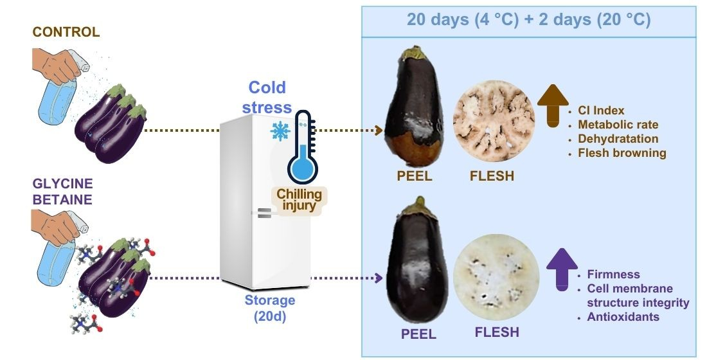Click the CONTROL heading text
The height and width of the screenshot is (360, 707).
(66, 32)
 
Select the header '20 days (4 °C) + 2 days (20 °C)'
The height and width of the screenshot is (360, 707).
(528, 19)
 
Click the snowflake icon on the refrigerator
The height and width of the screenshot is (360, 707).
(280, 131)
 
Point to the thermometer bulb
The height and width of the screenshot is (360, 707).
(301, 170)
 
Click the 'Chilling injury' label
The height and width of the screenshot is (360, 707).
(299, 200)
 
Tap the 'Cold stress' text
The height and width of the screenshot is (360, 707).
(267, 97)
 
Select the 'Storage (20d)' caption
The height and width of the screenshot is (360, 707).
(270, 307)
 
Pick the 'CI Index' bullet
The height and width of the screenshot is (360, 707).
(601, 111)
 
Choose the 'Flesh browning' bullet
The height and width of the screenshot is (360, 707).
(622, 153)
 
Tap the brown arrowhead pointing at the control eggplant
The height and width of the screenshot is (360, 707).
(379, 130)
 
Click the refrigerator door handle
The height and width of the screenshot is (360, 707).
(264, 213)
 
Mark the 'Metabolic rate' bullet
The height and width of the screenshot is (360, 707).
(618, 125)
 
